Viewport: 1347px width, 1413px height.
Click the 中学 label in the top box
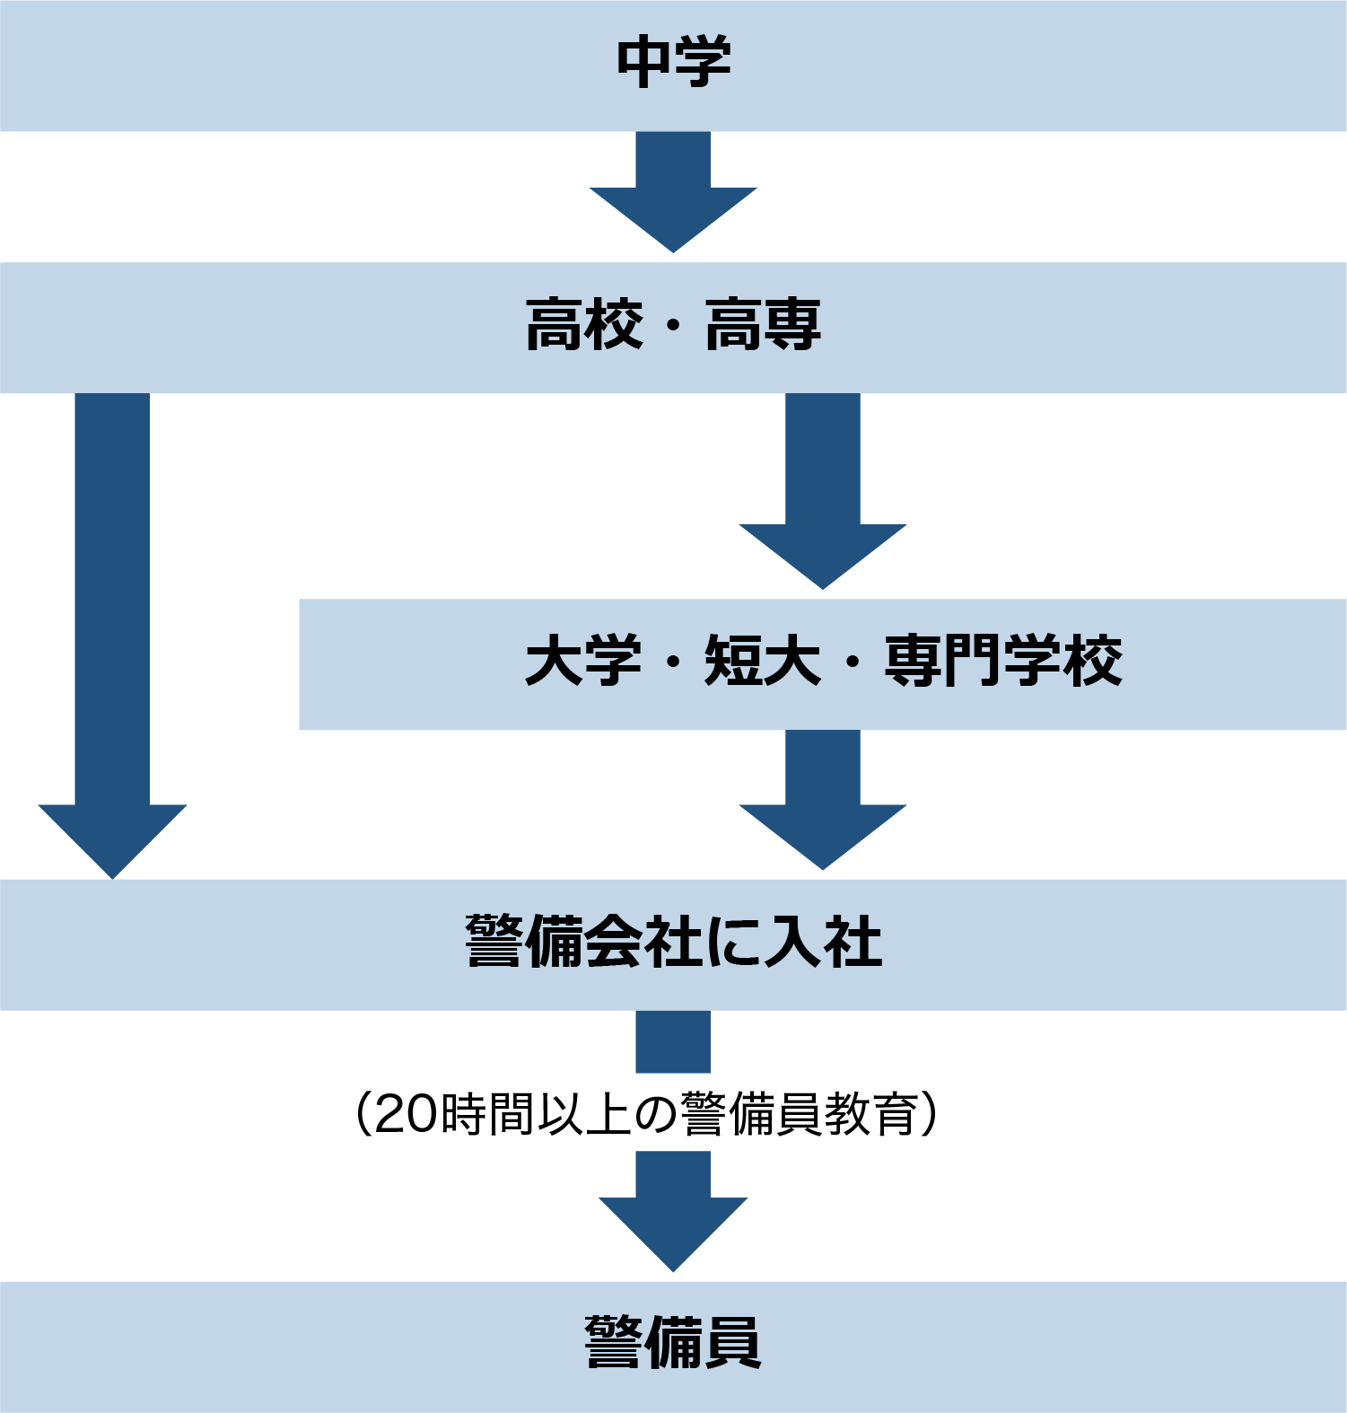(673, 62)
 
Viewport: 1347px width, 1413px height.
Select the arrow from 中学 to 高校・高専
(673, 194)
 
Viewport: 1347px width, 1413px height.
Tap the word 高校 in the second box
(584, 325)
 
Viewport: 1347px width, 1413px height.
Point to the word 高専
(763, 325)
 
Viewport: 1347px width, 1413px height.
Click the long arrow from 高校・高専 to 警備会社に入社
(112, 628)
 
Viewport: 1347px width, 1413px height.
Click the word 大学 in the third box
(583, 662)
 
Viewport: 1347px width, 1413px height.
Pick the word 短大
(763, 662)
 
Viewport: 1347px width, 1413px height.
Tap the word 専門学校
(1002, 662)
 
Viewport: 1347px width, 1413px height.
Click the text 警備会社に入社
(673, 943)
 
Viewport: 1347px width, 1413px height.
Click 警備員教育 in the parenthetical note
(799, 1115)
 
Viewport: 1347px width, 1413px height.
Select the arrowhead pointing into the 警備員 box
(673, 1230)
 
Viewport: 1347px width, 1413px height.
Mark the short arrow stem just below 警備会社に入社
(673, 1041)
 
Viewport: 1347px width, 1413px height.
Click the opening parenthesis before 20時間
(363, 1115)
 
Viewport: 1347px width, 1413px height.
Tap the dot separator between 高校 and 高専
(673, 327)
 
